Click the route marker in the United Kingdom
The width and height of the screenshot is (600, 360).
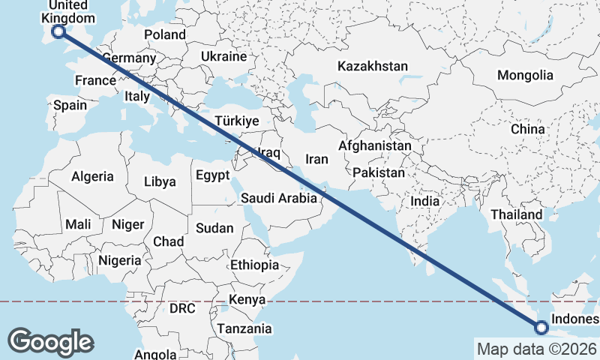click(x=58, y=31)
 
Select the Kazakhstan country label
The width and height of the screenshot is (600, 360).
click(x=372, y=66)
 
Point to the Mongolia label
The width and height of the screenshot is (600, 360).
click(x=525, y=75)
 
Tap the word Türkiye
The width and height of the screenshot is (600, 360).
click(x=236, y=121)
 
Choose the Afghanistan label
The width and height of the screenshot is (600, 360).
click(x=375, y=145)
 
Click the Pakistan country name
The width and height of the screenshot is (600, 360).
click(x=379, y=172)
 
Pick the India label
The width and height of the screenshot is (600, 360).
click(x=424, y=201)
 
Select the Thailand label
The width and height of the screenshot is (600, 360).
click(x=516, y=214)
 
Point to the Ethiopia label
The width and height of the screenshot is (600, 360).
click(x=254, y=265)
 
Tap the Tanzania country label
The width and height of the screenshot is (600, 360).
click(x=244, y=328)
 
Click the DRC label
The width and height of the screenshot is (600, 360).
click(x=181, y=308)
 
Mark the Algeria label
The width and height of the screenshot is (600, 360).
click(x=92, y=177)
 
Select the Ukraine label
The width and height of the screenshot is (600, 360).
click(x=223, y=56)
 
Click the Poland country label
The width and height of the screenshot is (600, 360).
click(x=165, y=34)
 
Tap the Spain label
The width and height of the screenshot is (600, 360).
click(x=70, y=106)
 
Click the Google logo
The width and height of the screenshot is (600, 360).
click(x=50, y=341)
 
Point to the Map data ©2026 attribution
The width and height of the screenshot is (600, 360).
click(x=536, y=349)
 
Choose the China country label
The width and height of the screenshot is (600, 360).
click(x=527, y=129)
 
